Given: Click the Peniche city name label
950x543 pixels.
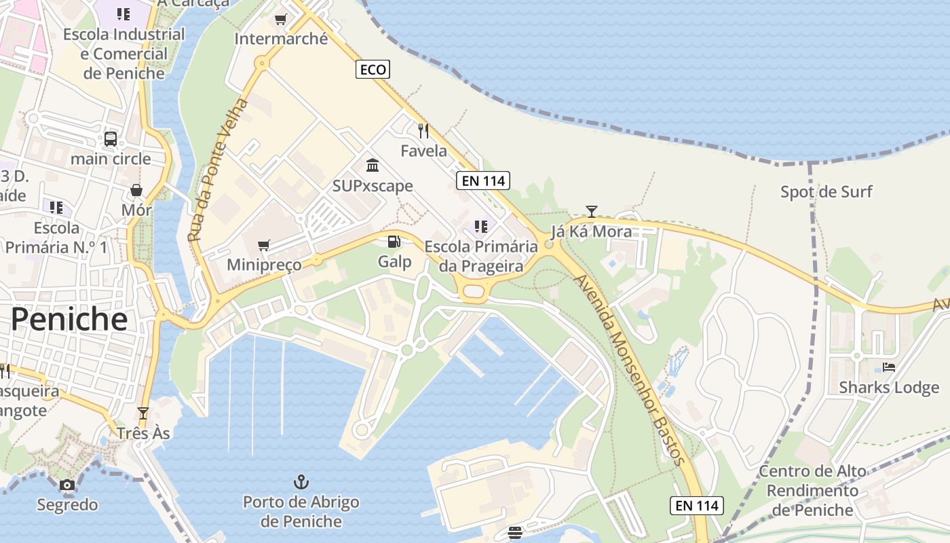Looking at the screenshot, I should point(69,318).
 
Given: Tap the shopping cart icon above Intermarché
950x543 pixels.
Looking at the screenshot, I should point(280,19).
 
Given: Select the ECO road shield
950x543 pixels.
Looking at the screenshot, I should point(373,69).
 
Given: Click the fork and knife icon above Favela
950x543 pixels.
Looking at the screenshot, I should point(423,130).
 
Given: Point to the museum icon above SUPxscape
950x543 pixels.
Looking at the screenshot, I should point(373,166).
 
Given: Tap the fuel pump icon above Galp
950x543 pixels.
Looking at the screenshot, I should point(394,241).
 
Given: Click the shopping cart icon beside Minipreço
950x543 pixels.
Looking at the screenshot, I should point(264,245).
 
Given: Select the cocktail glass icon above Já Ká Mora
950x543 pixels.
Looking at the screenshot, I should point(592,211).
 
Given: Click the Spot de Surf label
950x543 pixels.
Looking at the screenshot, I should point(826,192).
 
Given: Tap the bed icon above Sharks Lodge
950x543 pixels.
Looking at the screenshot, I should point(889,367).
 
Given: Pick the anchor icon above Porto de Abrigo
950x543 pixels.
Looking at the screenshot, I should point(301,483).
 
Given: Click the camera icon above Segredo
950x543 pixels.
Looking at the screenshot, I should point(66,485).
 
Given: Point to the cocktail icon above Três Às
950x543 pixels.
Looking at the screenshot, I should point(142,413).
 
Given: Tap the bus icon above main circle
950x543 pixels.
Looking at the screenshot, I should point(111,139).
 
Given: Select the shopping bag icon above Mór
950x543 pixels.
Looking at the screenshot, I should point(136,190).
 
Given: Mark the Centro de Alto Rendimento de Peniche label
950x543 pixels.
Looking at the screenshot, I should point(812,490).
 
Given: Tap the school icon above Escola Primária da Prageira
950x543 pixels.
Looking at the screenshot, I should point(481,226).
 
